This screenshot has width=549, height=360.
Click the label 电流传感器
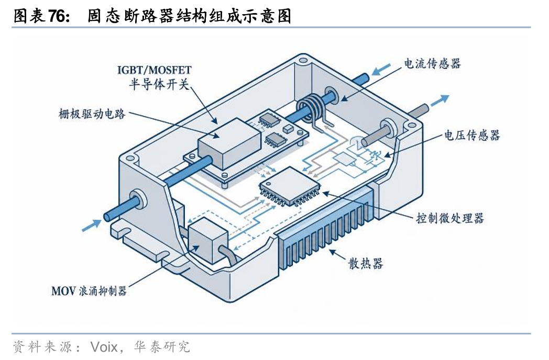[432, 64]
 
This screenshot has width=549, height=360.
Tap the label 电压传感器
[472, 135]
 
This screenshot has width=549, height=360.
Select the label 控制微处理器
[450, 218]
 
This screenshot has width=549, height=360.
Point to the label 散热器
[366, 263]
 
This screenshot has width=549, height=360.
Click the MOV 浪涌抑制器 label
[89, 291]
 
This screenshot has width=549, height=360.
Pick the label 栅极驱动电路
[92, 114]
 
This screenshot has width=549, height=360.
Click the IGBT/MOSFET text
[155, 70]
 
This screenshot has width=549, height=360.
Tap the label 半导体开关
[159, 84]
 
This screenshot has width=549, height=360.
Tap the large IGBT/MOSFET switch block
[229, 143]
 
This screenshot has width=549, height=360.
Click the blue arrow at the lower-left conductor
[91, 225]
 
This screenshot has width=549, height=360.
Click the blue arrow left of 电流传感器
[381, 69]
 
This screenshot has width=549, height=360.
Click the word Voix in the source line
[104, 347]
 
